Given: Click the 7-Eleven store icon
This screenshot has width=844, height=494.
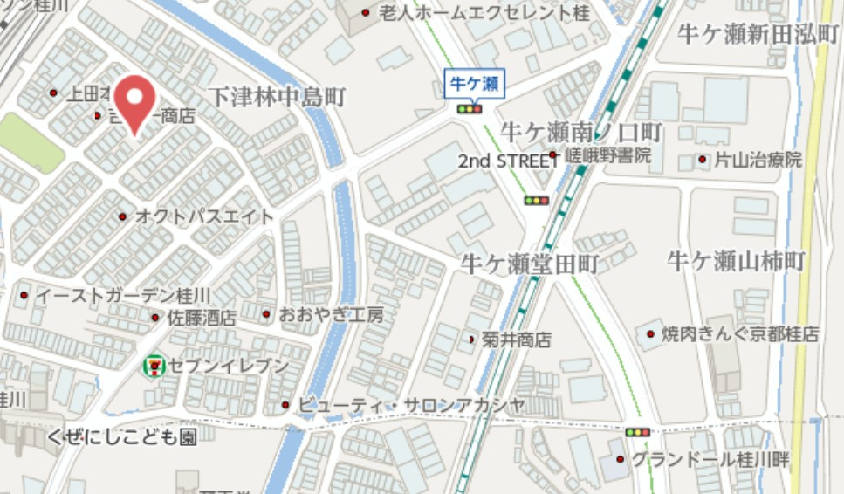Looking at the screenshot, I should click(x=154, y=366).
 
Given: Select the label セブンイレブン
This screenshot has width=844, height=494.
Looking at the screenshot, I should click(x=229, y=366).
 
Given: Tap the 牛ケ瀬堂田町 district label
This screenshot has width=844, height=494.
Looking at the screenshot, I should click(x=530, y=263).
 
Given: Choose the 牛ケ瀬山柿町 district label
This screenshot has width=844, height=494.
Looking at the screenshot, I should click(x=736, y=260).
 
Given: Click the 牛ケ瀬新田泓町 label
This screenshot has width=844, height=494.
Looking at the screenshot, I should click(x=758, y=34).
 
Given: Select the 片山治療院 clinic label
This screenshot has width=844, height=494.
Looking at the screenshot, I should click(x=758, y=161).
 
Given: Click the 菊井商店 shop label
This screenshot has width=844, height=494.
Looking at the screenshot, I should click(x=518, y=340).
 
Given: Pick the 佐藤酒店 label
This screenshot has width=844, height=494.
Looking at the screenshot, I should click(x=202, y=318).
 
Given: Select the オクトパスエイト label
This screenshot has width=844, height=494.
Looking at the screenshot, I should click(x=204, y=216).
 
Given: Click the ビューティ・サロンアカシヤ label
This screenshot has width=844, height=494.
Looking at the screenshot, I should click(x=411, y=405).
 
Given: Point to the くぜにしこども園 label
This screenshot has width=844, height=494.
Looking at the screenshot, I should click(x=122, y=436).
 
